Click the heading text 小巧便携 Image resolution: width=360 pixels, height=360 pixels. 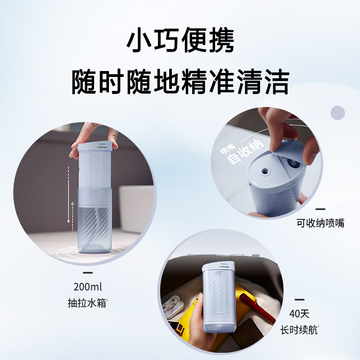(180, 43)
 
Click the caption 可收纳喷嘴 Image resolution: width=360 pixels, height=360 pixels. (320, 223)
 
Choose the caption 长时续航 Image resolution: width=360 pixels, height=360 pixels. (305, 330)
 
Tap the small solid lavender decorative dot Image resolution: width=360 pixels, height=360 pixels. (337, 112)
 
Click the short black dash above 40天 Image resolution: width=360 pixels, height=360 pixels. (299, 299)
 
